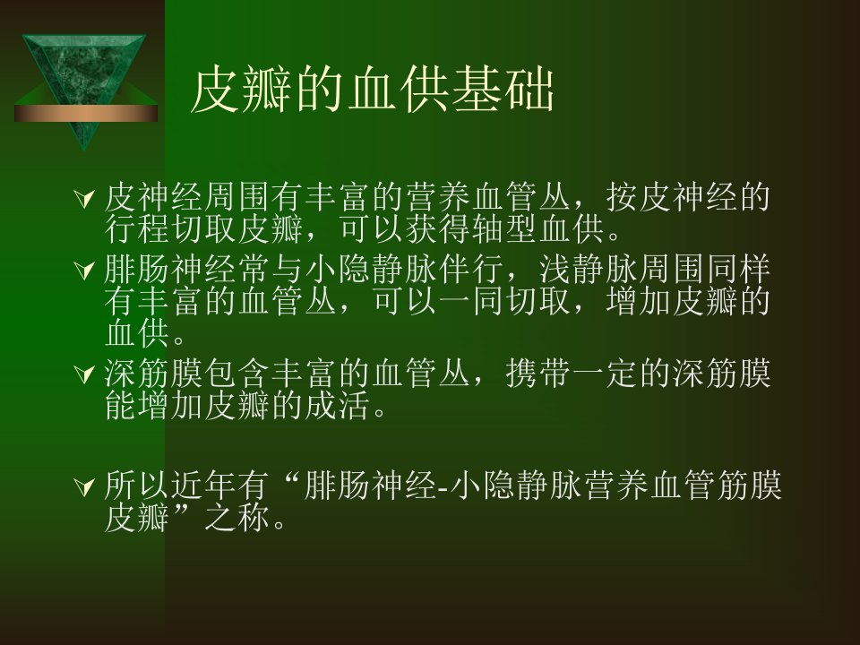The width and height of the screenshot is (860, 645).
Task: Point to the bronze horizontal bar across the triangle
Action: pos(86,113)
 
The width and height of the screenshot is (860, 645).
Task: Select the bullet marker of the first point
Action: pos(84,199)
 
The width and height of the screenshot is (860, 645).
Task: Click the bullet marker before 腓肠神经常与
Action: pos(84,270)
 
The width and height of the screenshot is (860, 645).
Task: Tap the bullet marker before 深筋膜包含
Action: pos(84,374)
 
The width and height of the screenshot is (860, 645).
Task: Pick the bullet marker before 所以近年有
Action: pos(84,486)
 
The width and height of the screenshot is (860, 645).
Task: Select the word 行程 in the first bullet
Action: pos(136,229)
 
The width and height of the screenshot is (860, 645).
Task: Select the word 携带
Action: pos(537,374)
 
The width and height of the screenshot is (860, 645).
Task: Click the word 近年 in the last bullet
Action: pos(203,486)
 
